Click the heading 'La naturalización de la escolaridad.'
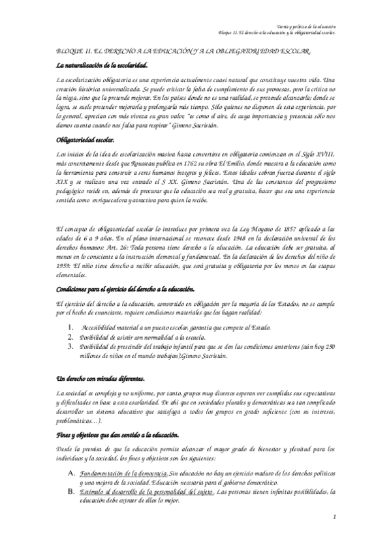[102, 65]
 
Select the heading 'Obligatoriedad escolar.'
[86, 140]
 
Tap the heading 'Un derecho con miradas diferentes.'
[101, 379]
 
